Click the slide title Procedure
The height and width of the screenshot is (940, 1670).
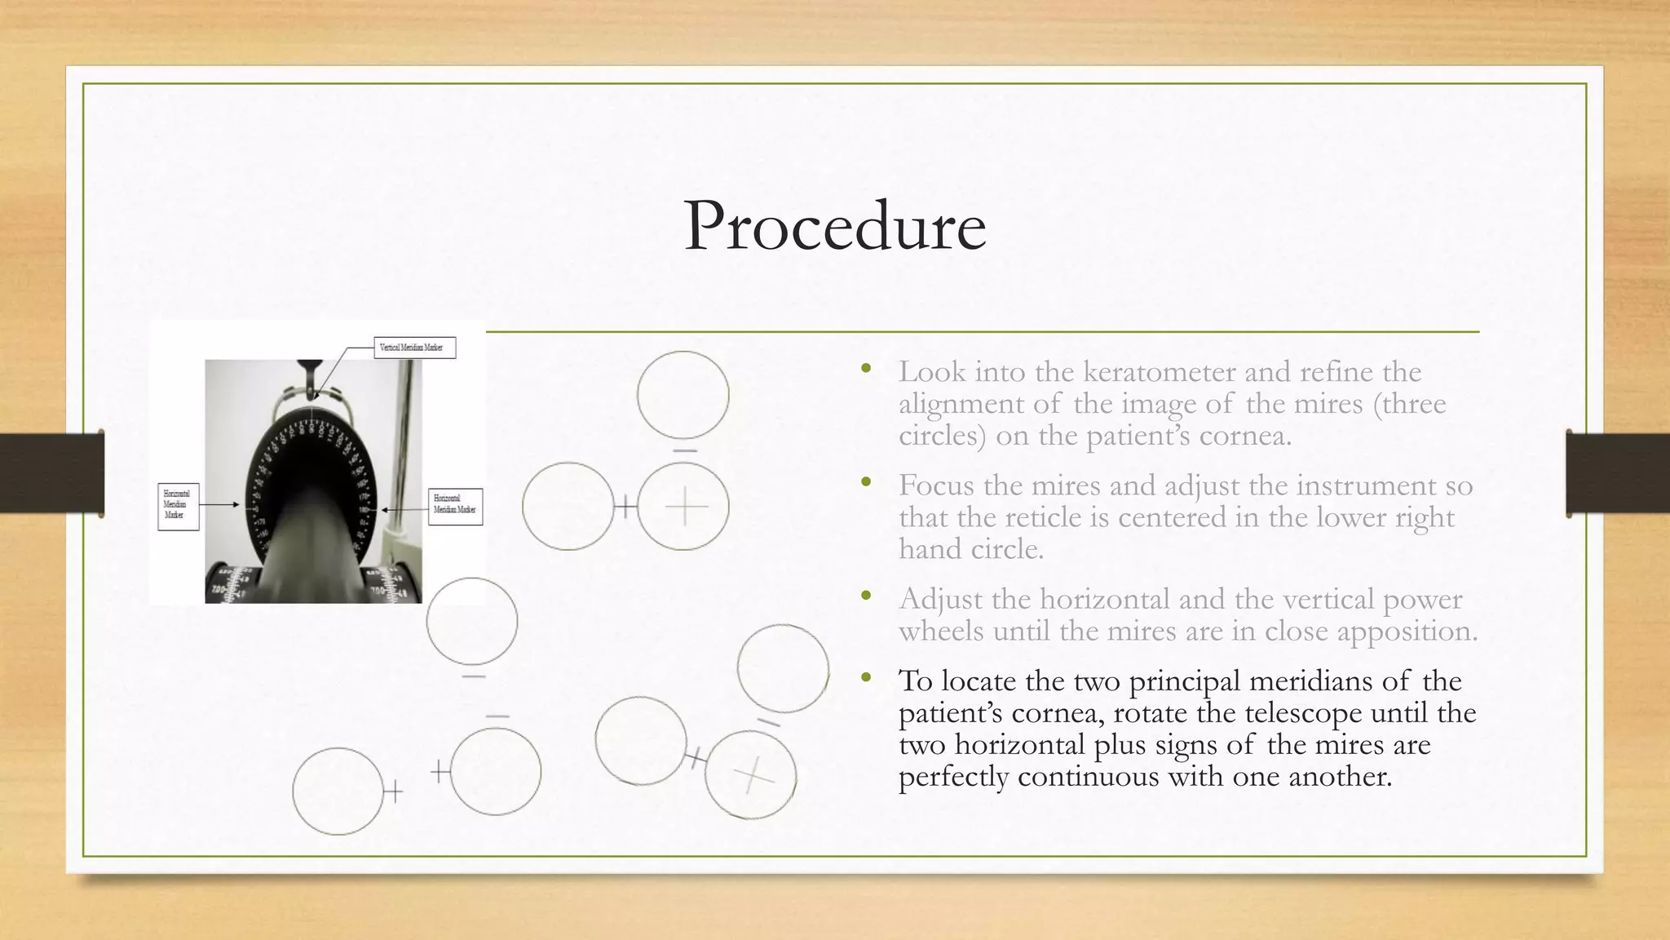click(x=835, y=226)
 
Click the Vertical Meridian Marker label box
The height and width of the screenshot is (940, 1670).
click(x=414, y=348)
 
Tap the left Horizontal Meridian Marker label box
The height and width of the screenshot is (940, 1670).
click(x=178, y=506)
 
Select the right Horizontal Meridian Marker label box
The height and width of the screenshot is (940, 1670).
click(x=455, y=506)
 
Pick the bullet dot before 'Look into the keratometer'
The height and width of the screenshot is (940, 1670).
click(x=866, y=370)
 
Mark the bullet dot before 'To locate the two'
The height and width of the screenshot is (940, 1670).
click(x=866, y=679)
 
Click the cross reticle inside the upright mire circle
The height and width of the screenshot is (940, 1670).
click(x=686, y=507)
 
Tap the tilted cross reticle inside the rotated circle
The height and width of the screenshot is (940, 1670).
click(x=752, y=775)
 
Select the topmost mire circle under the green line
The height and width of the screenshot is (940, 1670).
click(x=683, y=395)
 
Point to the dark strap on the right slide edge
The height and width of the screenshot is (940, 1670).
click(x=1618, y=473)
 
